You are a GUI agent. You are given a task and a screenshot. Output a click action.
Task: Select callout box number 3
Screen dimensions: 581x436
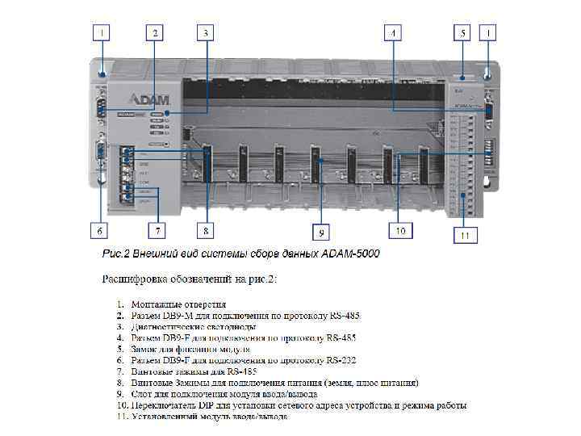(206, 33)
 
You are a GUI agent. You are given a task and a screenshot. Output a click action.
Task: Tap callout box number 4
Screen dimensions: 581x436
(393, 33)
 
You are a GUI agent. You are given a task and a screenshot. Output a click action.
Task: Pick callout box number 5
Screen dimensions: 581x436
(462, 33)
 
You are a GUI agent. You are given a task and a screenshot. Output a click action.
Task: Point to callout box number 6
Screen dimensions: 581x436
(100, 231)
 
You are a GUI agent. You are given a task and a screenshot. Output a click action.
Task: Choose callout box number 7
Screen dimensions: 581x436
(158, 231)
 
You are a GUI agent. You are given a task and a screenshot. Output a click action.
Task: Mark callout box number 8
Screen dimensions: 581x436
(207, 231)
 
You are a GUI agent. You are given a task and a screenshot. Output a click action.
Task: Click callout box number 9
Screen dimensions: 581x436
(321, 233)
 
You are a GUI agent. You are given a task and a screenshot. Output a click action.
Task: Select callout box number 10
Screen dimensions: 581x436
(400, 231)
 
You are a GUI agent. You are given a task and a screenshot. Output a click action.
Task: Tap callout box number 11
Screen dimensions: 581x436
(465, 236)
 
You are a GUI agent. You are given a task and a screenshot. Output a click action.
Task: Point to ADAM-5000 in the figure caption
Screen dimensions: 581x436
(349, 254)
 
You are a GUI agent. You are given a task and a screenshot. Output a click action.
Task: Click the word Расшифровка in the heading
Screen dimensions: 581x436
(136, 279)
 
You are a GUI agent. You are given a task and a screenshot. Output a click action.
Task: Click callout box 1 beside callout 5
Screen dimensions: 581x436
(490, 33)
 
